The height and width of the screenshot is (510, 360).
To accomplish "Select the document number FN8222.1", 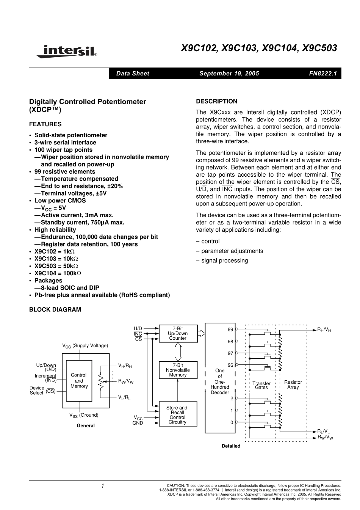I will point(323,74).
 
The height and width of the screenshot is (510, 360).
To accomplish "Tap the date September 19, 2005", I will point(229,74).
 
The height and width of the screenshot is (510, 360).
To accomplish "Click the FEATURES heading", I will point(45,124).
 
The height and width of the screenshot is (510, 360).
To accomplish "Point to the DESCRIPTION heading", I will point(216,101).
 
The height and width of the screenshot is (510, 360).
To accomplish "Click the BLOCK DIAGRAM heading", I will point(55,309).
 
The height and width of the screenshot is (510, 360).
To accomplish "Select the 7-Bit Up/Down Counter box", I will point(178,334).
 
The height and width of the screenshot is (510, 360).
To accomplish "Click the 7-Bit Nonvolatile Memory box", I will point(178,370).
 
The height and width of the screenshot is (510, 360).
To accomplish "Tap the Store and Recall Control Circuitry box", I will point(177,415).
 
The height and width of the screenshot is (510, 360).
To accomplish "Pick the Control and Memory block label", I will point(79,381).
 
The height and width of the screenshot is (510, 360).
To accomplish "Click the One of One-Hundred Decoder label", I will point(220,381).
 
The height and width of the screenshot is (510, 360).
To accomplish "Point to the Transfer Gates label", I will point(261,385).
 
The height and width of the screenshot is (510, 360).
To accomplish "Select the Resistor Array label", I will point(293,384).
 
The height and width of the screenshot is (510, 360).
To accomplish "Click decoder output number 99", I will point(230,330).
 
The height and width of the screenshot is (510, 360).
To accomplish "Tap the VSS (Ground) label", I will point(84,415).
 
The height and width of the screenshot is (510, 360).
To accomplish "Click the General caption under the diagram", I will point(86,426).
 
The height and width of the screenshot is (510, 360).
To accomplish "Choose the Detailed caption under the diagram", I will point(231,446).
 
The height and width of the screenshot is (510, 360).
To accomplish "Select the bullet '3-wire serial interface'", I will point(65,143).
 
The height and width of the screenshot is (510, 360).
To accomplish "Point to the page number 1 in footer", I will point(102,486).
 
